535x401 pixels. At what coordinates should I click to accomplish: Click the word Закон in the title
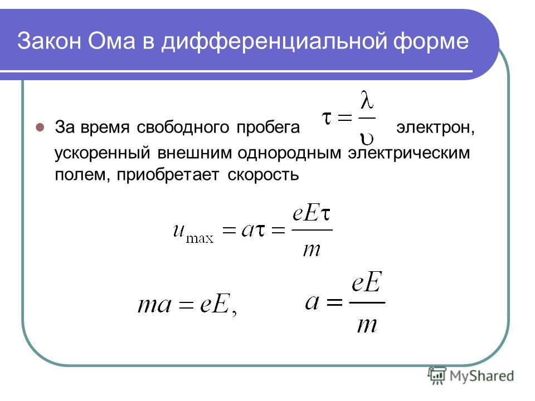pos(49,41)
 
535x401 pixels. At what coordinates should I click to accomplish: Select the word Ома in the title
pos(111,41)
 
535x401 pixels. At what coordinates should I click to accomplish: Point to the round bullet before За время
pos(40,127)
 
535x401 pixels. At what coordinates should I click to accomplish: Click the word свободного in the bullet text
pos(183,128)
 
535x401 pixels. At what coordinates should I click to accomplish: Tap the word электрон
pos(434,128)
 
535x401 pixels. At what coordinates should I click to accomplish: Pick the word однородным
pos(289,153)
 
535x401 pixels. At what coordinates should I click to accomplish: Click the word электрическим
pos(408,153)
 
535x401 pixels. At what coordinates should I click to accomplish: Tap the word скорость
pos(263,174)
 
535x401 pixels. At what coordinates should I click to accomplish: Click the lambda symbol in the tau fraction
pos(367,100)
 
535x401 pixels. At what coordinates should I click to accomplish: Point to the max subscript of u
pos(200,238)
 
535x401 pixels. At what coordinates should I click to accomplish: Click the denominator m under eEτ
pos(312,250)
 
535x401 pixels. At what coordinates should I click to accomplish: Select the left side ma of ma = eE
pos(154,305)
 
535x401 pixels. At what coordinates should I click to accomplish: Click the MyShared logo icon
pos(437,376)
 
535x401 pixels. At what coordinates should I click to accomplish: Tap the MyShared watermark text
pos(481,376)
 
